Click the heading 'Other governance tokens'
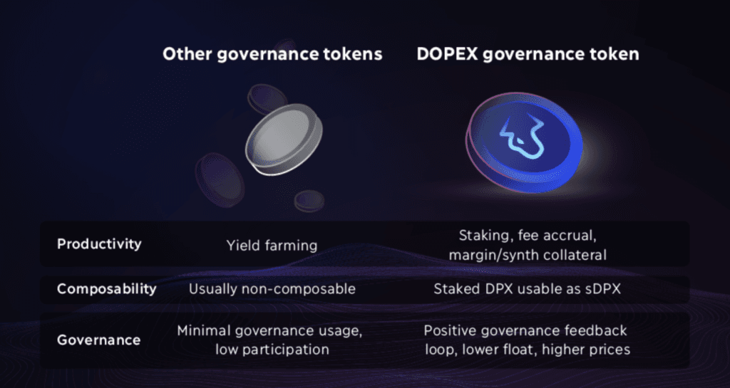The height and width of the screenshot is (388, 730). click(272, 55)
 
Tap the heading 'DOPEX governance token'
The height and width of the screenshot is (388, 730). click(528, 55)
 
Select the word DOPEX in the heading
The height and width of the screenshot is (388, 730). click(447, 54)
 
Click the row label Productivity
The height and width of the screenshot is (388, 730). click(99, 244)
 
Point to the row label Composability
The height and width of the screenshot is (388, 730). click(107, 289)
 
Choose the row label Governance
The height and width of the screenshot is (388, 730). click(98, 340)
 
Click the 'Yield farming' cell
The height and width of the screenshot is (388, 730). click(272, 246)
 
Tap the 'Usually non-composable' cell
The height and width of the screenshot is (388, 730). click(272, 289)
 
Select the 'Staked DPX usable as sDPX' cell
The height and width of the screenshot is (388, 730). click(528, 289)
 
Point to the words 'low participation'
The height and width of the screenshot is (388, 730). click(272, 350)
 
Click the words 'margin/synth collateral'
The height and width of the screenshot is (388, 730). click(528, 255)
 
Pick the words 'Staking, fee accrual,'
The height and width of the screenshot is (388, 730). click(528, 236)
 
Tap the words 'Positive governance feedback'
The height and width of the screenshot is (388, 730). click(525, 331)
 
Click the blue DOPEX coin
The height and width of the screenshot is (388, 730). click(524, 142)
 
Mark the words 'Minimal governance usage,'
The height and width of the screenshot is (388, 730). click(269, 332)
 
